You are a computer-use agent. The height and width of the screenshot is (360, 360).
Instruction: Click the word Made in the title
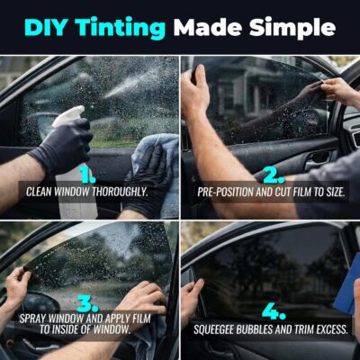(x=208, y=26)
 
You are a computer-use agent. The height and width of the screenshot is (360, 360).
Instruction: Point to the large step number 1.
(x=87, y=173)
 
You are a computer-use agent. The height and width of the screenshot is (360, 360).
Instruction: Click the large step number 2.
(x=267, y=173)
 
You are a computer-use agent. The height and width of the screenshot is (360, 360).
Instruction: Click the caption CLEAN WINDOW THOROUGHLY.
(x=87, y=192)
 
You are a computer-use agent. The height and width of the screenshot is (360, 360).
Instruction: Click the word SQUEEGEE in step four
(x=218, y=328)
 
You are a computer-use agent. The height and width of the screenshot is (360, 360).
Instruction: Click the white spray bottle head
(x=67, y=117)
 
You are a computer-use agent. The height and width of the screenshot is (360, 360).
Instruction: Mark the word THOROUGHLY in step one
(x=121, y=192)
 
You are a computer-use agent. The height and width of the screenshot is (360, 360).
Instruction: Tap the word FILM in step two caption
(x=295, y=192)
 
